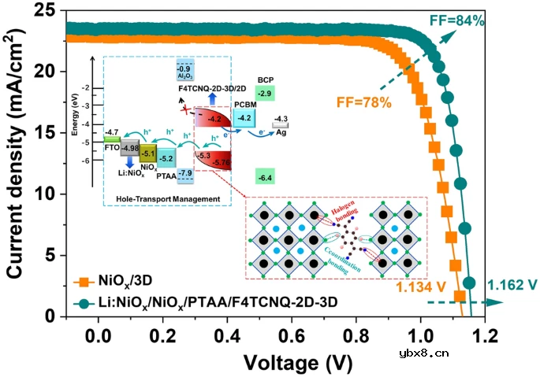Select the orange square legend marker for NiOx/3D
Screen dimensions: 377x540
(80, 280)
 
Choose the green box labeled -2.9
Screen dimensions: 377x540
(266, 94)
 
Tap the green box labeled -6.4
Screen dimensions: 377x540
(264, 178)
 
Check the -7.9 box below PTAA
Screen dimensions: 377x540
(186, 173)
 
